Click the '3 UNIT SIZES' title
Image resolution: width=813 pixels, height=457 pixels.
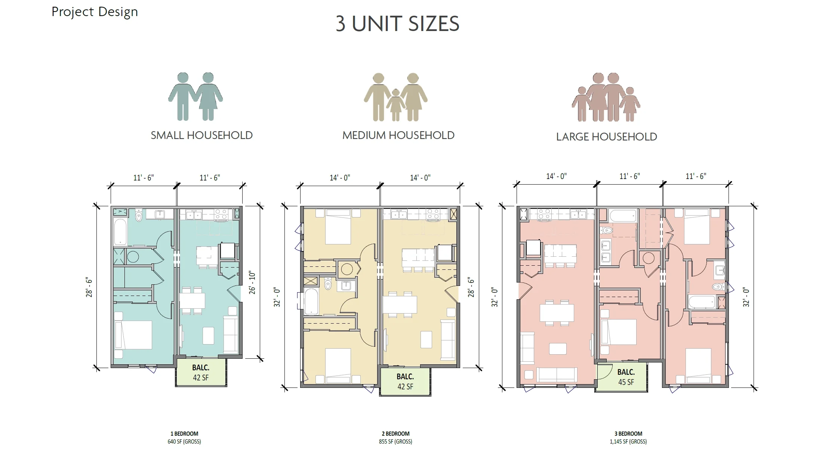397,24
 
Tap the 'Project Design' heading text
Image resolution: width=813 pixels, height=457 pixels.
95,12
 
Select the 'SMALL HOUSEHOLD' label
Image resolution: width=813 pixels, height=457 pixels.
201,135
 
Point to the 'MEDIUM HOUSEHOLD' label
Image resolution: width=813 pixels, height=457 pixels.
398,135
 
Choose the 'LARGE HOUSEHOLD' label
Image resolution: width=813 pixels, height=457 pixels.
606,137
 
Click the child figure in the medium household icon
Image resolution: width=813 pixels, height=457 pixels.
395,105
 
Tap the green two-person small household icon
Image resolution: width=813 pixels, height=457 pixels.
195,96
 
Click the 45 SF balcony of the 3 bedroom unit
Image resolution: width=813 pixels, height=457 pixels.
621,376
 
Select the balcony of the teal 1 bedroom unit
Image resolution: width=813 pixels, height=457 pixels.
201,373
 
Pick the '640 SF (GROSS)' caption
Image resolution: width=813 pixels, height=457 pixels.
184,442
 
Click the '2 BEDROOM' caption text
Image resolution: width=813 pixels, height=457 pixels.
395,434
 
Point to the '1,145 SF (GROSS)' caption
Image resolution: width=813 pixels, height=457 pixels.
628,442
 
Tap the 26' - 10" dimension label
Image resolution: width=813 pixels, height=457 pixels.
252,283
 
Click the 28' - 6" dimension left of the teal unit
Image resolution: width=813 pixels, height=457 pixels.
89,287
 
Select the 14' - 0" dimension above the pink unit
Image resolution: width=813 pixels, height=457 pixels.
556,176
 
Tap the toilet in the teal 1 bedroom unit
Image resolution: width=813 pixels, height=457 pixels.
139,215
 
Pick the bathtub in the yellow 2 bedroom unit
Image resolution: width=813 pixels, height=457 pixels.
311,301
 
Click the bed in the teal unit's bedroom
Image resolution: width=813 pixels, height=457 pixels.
133,335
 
